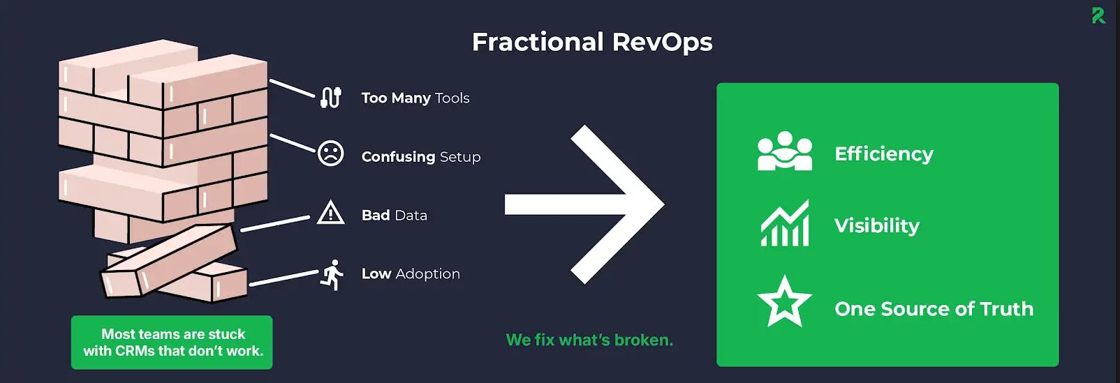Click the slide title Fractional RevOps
[592, 43]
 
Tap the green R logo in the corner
[1098, 15]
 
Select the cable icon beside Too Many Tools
[331, 98]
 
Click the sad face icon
[330, 153]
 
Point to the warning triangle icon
[330, 212]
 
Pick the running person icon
[332, 274]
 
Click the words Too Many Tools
[415, 98]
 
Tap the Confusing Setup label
[421, 157]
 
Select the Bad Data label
[395, 215]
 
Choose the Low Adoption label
[411, 273]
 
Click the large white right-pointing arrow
[584, 204]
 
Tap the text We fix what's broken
[589, 340]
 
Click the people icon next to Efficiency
[785, 151]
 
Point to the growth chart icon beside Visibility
[785, 223]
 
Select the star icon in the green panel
[785, 301]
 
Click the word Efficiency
[884, 153]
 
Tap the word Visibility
[877, 226]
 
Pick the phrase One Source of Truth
[934, 308]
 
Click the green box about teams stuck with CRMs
[172, 343]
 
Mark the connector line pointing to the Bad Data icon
[275, 224]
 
